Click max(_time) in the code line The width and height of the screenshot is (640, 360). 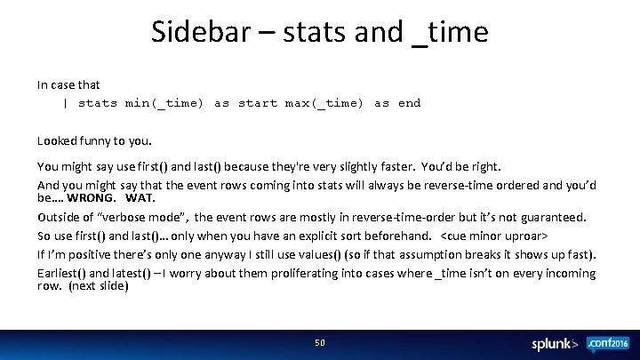click(324, 103)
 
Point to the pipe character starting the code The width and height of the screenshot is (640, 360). click(65, 103)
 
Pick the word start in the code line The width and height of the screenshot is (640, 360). click(258, 103)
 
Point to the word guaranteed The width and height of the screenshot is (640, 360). click(552, 217)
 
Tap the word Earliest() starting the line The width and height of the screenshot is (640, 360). click(61, 274)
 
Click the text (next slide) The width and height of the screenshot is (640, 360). click(99, 286)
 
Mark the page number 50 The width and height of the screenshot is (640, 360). click(320, 342)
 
